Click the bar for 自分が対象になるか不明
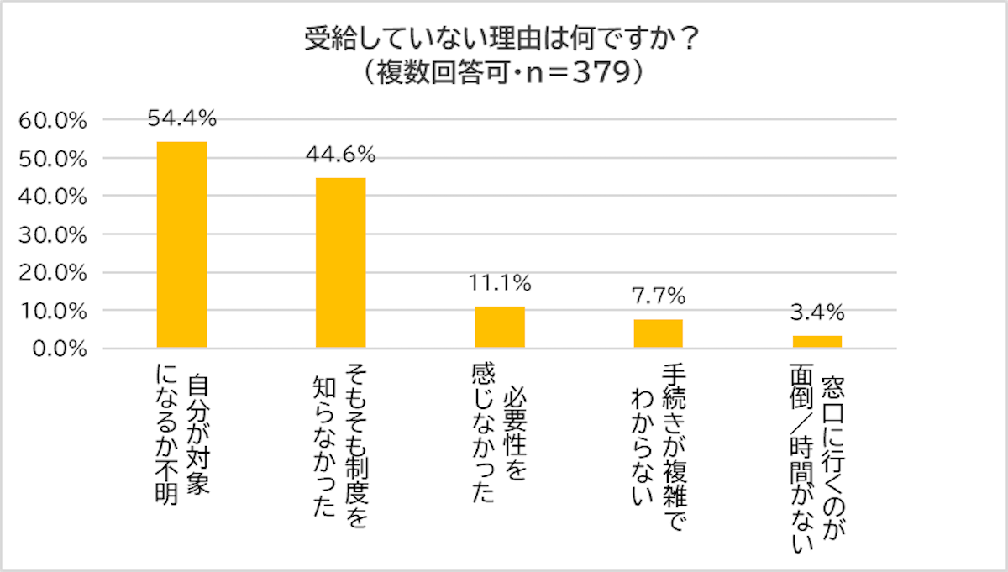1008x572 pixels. tap(182, 244)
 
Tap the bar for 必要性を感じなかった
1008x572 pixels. tap(500, 327)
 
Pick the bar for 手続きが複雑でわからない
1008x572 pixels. tap(659, 333)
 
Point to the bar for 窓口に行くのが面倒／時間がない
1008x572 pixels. tap(817, 342)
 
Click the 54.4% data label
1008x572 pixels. tap(182, 119)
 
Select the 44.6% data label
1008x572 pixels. tap(341, 155)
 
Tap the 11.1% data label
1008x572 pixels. tap(500, 285)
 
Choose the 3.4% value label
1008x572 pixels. tap(817, 313)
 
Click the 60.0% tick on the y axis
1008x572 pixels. tap(53, 121)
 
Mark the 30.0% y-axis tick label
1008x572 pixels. tap(53, 235)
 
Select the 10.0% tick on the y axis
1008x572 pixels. tap(53, 311)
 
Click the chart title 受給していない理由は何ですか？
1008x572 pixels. tap(503, 40)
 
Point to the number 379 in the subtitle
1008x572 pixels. tap(601, 74)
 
